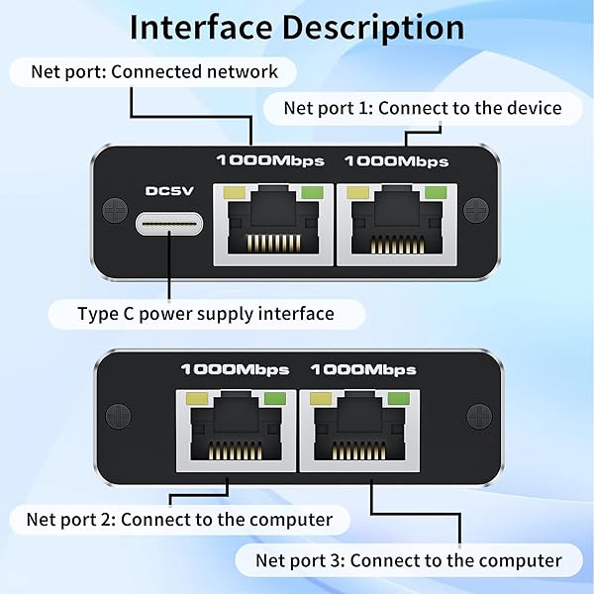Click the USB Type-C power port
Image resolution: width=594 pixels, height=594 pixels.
[169, 224]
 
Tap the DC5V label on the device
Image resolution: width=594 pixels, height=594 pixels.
[169, 190]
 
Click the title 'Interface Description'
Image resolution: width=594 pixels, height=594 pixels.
[297, 28]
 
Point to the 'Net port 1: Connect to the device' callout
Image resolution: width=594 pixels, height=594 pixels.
[423, 108]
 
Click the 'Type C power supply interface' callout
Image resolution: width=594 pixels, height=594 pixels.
[207, 314]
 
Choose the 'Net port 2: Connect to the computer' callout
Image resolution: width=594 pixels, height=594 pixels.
[179, 520]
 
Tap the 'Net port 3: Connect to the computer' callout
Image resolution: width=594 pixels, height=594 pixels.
[409, 560]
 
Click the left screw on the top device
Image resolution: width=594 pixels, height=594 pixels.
[115, 210]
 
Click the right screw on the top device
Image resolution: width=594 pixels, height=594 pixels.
[476, 210]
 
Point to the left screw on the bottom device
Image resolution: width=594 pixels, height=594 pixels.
[118, 417]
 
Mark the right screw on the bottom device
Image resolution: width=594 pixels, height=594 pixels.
[479, 417]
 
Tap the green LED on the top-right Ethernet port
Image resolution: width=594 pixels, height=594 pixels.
[436, 192]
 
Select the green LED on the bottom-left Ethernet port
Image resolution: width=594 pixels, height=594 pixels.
[275, 399]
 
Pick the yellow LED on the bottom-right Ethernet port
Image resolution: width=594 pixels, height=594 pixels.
[321, 399]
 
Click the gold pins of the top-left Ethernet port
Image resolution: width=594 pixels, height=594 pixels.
[273, 244]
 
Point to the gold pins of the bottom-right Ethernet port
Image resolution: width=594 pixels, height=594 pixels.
[359, 450]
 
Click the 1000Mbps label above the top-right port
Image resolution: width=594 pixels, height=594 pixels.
[397, 161]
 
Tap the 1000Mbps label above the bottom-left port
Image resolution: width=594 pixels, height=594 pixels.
[236, 369]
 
